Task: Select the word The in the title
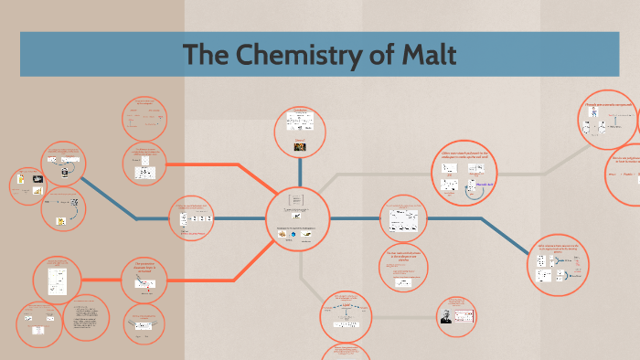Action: pos(206,55)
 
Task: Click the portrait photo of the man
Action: pos(446,315)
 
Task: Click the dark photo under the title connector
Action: pos(299,145)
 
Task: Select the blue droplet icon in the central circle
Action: pos(293,234)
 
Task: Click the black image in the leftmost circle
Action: pos(37,178)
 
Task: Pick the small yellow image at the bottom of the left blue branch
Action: pos(61,219)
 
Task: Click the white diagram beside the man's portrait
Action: pos(462,311)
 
